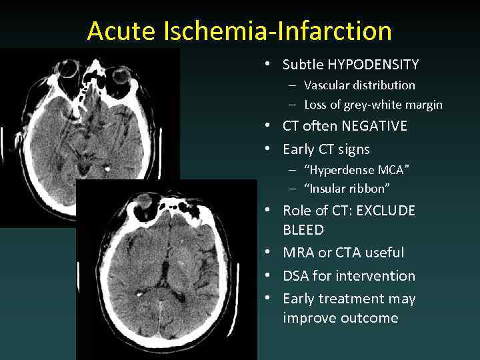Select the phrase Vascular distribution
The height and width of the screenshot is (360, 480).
click(x=359, y=85)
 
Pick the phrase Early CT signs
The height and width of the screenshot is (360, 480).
click(x=326, y=149)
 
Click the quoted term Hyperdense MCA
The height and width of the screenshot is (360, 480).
click(x=357, y=169)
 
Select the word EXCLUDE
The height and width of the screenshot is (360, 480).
click(x=385, y=211)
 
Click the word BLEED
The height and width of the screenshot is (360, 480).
click(x=303, y=230)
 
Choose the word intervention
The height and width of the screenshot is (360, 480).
click(x=375, y=276)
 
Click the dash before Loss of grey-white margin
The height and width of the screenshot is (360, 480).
click(x=293, y=105)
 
